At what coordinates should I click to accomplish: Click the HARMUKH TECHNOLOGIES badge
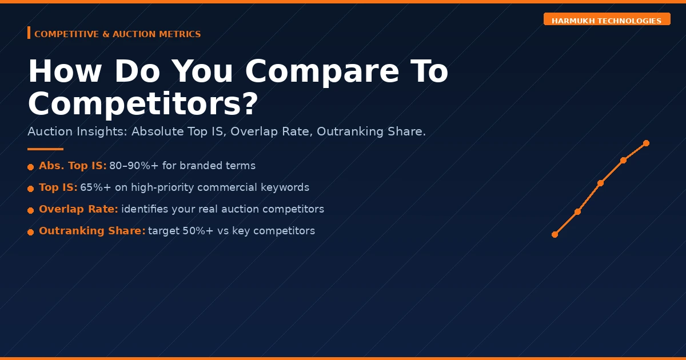point(607,21)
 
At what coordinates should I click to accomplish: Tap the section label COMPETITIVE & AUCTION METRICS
point(117,34)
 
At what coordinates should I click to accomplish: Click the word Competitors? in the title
point(143,105)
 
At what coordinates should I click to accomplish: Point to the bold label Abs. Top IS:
point(73,166)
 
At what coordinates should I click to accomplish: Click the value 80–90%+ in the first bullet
point(134,166)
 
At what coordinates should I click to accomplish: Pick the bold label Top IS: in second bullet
point(58,187)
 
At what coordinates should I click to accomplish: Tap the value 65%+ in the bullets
point(95,187)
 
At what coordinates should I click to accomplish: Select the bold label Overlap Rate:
point(78,209)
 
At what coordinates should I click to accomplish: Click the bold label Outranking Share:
point(92,231)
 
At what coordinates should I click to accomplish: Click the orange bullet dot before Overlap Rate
point(30,210)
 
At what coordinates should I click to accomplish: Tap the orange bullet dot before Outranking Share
point(30,232)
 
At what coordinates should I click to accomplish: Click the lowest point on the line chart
point(555,234)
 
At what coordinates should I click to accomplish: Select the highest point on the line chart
point(646,143)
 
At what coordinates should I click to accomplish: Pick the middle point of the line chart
point(600,183)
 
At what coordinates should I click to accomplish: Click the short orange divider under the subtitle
point(45,149)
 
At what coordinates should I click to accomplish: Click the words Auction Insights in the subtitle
point(77,131)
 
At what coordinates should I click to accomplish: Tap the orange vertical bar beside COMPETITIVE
point(29,33)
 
